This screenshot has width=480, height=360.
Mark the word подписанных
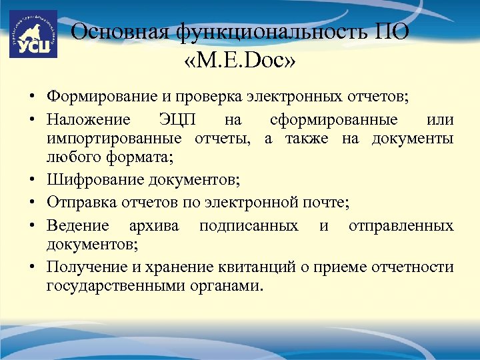(x=249, y=226)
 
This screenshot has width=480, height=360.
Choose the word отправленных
(x=401, y=226)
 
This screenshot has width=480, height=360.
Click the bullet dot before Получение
(x=31, y=268)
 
